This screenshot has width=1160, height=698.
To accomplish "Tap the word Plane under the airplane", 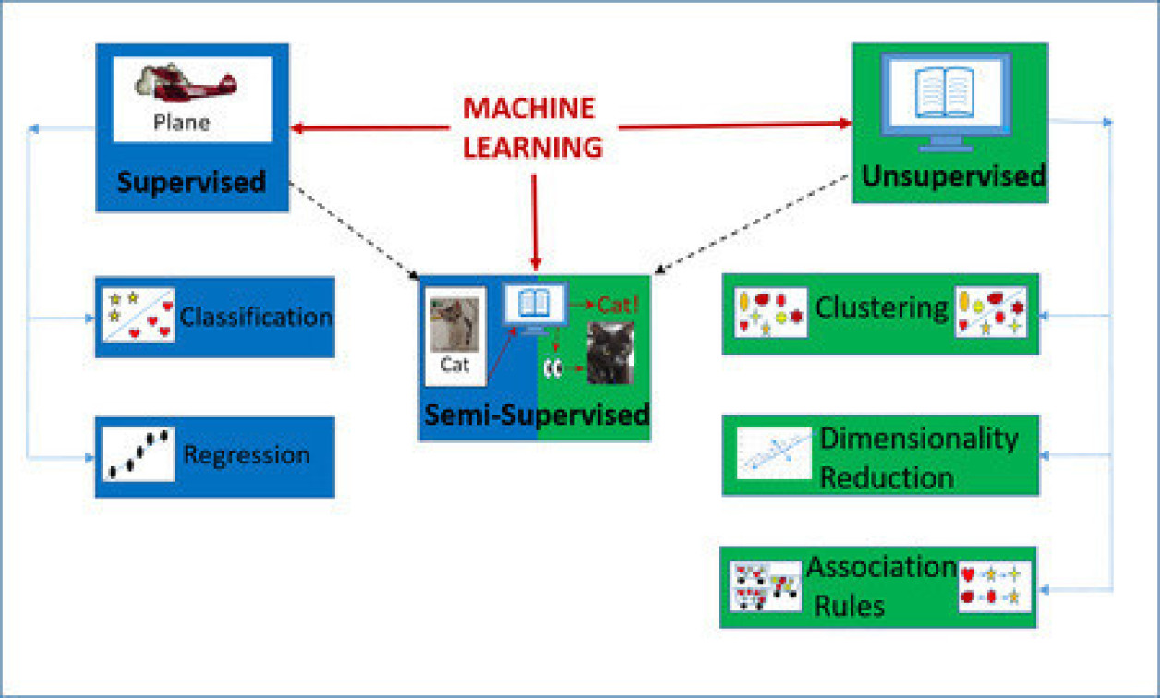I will point(182,123).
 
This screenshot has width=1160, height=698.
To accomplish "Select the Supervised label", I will point(191,180).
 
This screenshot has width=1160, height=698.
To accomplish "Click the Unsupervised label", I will point(953,175).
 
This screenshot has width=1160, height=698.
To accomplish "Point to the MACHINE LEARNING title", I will point(532,127).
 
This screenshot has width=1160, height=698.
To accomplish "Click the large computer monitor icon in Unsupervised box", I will point(944,100).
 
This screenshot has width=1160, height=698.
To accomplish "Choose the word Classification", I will point(256,317).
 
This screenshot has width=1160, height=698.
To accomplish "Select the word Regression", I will point(247,455).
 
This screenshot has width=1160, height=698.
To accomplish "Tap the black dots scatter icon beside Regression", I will point(139,453).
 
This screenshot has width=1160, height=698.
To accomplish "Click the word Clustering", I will point(881,307).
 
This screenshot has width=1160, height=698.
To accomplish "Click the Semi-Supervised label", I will point(536,414).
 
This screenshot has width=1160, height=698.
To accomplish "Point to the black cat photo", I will point(610,352).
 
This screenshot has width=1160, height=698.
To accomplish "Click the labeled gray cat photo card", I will point(454,335).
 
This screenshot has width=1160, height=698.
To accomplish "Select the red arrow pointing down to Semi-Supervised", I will point(535,222).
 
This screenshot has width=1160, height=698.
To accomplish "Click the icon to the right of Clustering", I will point(990,311).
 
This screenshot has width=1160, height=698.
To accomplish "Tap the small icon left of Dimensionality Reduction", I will point(774,454).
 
